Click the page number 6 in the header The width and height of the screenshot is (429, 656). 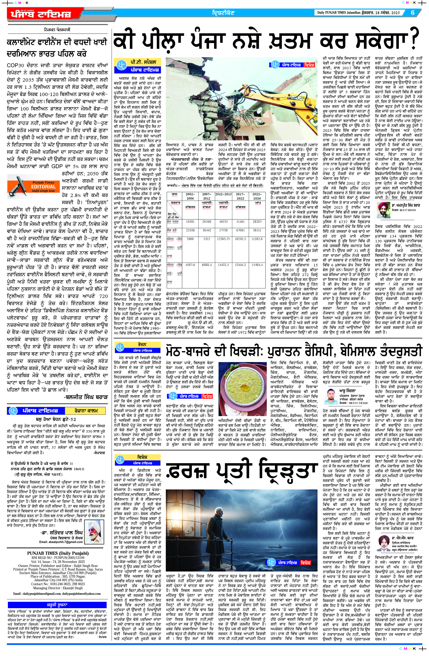coord(413,12)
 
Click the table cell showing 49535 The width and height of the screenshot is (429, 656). coord(224,221)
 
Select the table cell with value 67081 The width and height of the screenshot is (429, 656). coord(240,230)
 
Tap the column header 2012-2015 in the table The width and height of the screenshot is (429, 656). coord(223,194)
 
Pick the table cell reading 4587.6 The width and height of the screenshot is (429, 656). coord(190,265)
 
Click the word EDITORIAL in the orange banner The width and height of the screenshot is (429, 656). coord(43,187)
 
